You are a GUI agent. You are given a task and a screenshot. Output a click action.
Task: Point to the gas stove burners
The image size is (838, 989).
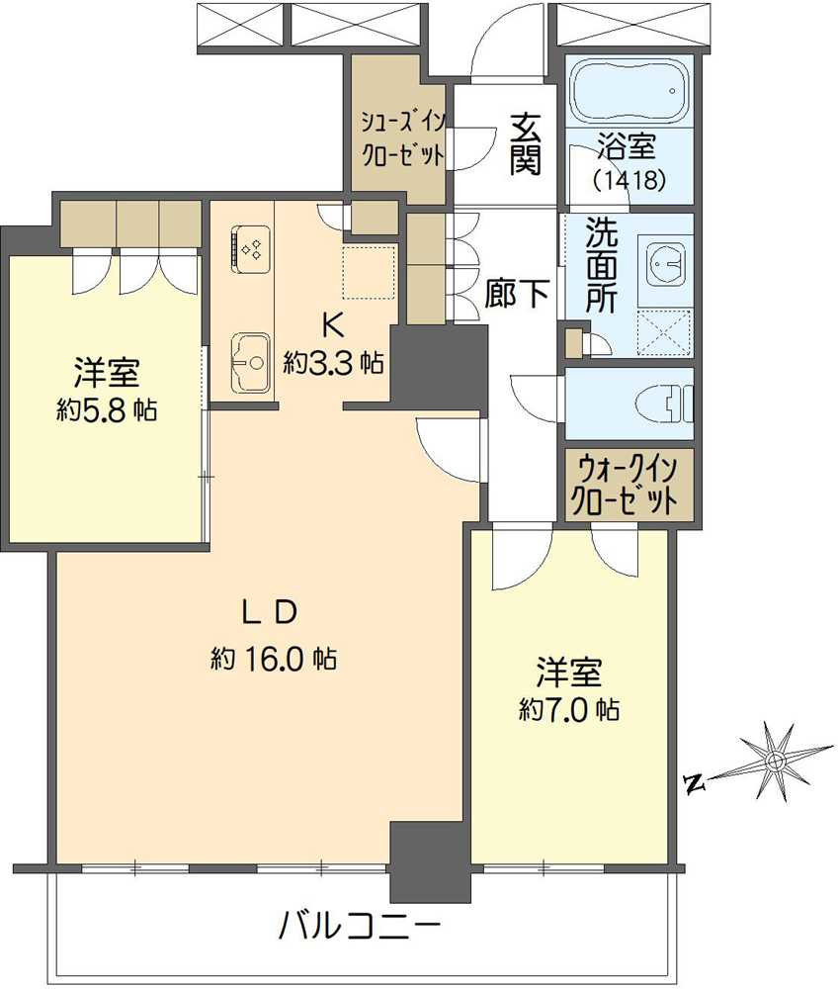[x=250, y=245]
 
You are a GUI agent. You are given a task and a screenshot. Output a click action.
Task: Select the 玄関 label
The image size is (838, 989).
[x=526, y=143]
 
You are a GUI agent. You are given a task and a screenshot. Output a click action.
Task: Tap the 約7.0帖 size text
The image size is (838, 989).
[x=569, y=709]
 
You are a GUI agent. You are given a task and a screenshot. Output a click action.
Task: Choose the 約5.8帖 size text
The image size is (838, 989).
[x=106, y=410]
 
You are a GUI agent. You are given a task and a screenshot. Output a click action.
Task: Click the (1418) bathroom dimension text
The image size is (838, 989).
[x=628, y=181]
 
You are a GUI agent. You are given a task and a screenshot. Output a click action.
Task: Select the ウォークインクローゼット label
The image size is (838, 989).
[x=628, y=482]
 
